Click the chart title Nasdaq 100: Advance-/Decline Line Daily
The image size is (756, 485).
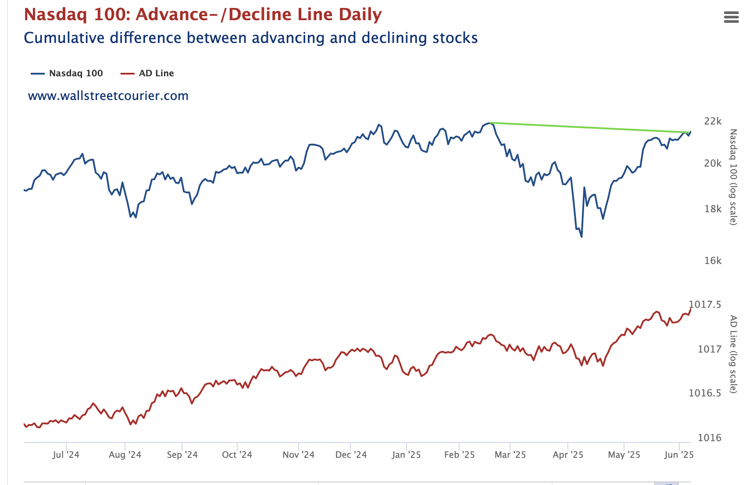(x=203, y=14)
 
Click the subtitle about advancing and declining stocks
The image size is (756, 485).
(x=250, y=38)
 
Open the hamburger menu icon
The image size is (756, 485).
(x=731, y=17)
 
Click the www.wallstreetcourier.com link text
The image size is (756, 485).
(x=108, y=96)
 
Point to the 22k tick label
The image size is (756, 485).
(x=713, y=121)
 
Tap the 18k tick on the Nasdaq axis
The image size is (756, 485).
(x=713, y=209)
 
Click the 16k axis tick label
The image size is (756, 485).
(x=713, y=260)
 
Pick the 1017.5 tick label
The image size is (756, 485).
(x=705, y=304)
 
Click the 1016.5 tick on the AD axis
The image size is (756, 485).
(x=705, y=393)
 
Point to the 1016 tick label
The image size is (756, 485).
(x=709, y=438)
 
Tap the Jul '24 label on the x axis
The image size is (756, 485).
(x=66, y=455)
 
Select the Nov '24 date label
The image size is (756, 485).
(x=298, y=455)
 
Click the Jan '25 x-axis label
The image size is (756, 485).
(x=406, y=455)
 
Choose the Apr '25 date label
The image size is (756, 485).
(x=568, y=455)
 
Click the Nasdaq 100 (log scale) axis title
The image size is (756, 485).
(x=733, y=177)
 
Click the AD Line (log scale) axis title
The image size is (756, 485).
(x=733, y=354)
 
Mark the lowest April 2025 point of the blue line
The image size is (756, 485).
(x=581, y=237)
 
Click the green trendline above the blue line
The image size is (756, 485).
(x=588, y=127)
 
